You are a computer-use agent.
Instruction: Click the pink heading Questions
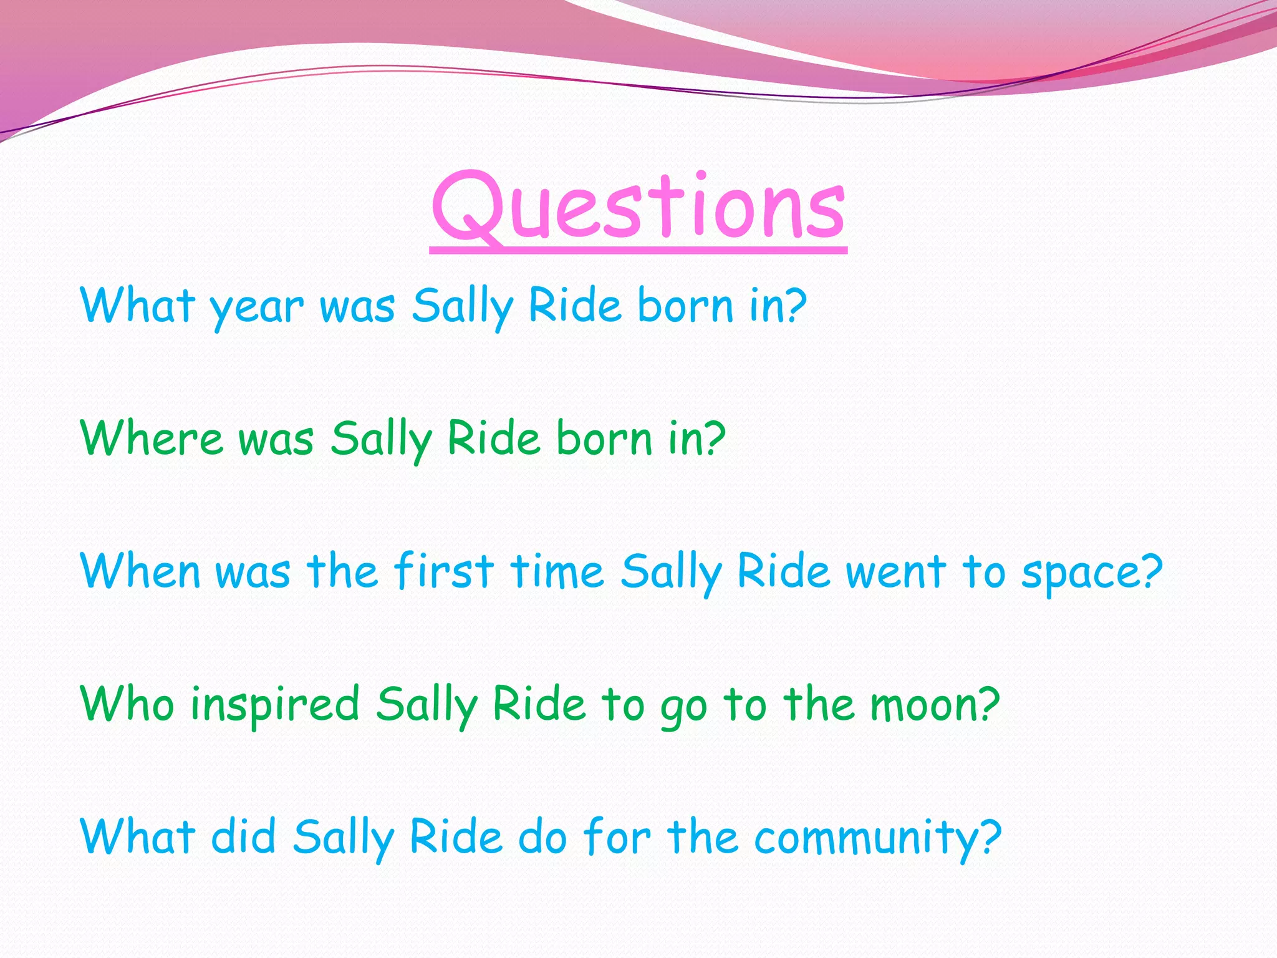pyautogui.click(x=638, y=206)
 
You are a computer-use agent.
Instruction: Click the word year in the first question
pyautogui.click(x=256, y=307)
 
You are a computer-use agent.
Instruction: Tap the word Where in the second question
pyautogui.click(x=152, y=438)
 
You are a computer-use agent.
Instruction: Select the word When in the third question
pyautogui.click(x=140, y=571)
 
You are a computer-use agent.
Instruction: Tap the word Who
pyautogui.click(x=127, y=704)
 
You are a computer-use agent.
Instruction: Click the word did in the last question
pyautogui.click(x=244, y=836)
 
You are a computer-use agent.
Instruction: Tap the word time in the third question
pyautogui.click(x=557, y=571)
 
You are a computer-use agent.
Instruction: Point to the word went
pyautogui.click(x=896, y=571)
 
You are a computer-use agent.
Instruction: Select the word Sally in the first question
pyautogui.click(x=462, y=307)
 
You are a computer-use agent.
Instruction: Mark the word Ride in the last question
pyautogui.click(x=456, y=836)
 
